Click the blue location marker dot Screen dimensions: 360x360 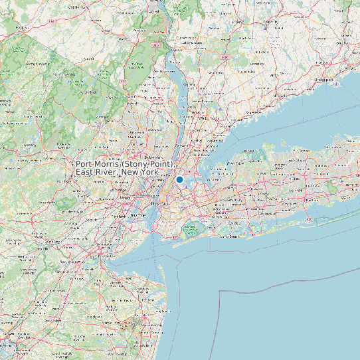(179, 179)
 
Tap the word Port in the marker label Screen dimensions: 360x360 (84, 163)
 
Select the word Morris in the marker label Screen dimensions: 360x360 (109, 163)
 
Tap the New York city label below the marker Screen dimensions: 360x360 (156, 205)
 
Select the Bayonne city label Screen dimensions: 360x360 (137, 216)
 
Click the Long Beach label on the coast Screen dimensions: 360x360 (229, 236)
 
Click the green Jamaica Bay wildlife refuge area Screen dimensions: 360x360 (190, 230)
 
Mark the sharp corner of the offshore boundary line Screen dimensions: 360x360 (220, 291)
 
